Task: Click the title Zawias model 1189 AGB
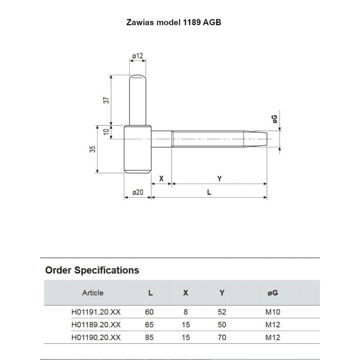coord(174,22)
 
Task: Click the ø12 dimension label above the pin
coord(138,56)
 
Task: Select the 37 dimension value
coord(106,100)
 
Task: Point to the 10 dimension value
coord(106,132)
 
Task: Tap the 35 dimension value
coord(92,149)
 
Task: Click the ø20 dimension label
coord(138,192)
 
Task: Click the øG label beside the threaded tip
coord(274,119)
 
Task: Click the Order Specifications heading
coord(92,270)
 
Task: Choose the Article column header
coord(93,292)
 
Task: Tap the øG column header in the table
coord(273,292)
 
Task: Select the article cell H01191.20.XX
coord(96,311)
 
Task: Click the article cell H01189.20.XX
coord(96,324)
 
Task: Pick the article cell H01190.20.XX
coord(96,337)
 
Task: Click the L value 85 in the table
coord(150,337)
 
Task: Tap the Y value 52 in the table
coord(221,311)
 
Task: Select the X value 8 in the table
coord(185,311)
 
